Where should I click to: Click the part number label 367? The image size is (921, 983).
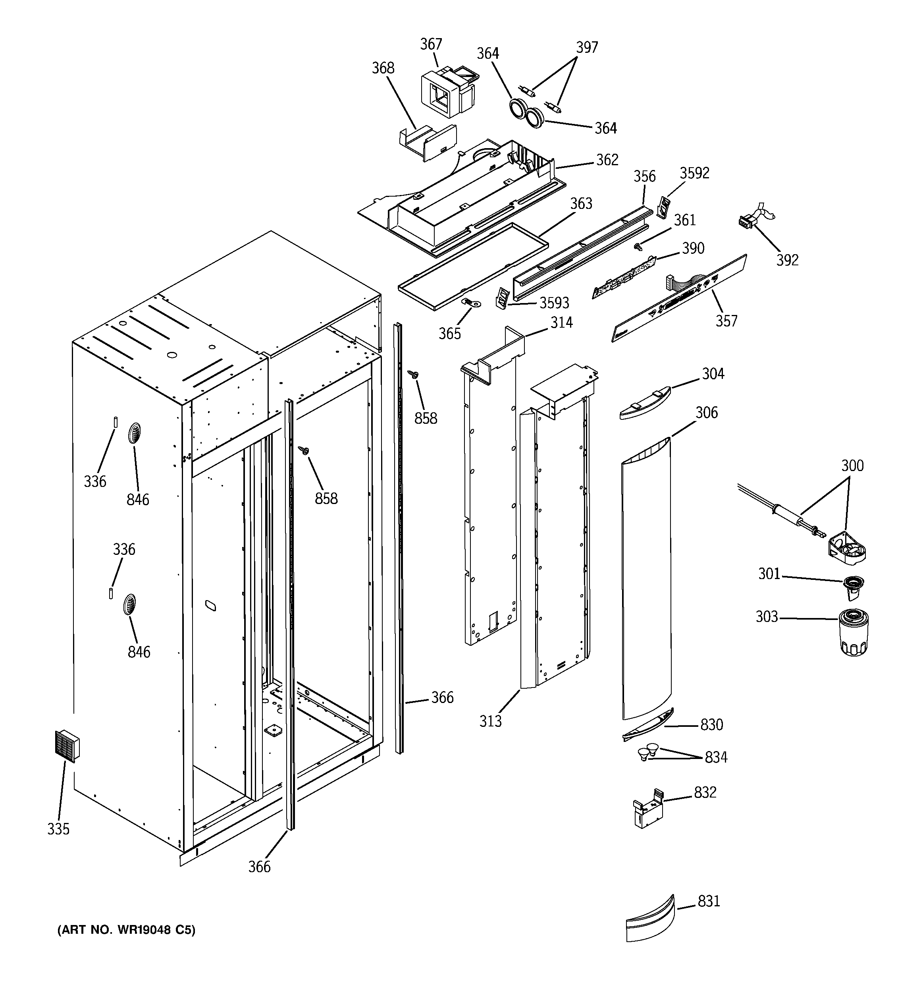tap(431, 44)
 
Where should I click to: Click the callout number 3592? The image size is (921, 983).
tap(694, 173)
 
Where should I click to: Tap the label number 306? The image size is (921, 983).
tap(707, 412)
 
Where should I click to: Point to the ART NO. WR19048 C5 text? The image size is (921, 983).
tap(127, 930)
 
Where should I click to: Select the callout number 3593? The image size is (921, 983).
tap(554, 303)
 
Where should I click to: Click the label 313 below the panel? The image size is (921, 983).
tap(490, 721)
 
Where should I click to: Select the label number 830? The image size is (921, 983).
tap(711, 725)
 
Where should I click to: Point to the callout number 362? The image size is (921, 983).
tap(607, 160)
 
